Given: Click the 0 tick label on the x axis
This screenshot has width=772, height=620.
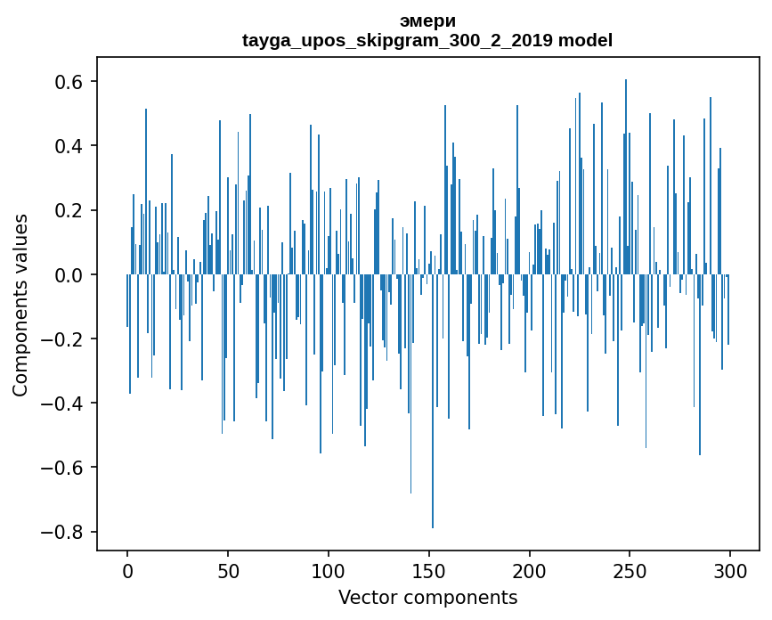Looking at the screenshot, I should click(x=127, y=570).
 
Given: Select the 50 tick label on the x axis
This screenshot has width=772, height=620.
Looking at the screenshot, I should click(x=228, y=570).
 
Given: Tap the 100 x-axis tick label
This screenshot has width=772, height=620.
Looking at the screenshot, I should click(x=329, y=570).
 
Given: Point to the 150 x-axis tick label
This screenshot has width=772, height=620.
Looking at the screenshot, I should click(x=429, y=570).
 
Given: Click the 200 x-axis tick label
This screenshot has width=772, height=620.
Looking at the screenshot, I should click(x=530, y=570).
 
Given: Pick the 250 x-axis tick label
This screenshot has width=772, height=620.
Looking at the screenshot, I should click(x=630, y=570).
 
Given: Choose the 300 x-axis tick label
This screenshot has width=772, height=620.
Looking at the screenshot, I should click(x=731, y=570).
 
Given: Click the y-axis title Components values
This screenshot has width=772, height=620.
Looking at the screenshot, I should click(x=21, y=305).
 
